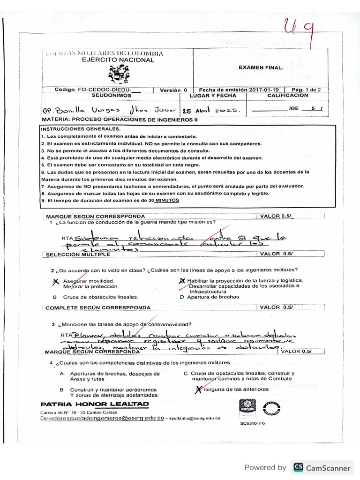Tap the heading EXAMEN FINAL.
coord(261,67)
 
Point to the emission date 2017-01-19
coord(264,90)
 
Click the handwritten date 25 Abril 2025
coord(211,110)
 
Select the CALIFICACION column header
coord(287,95)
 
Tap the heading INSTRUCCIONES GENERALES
coord(80,129)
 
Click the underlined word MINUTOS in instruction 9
coord(167,200)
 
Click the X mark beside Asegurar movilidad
coord(56,281)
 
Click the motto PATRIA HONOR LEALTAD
coord(95,404)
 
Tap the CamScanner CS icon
coord(298,467)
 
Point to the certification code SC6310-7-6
coord(252,423)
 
